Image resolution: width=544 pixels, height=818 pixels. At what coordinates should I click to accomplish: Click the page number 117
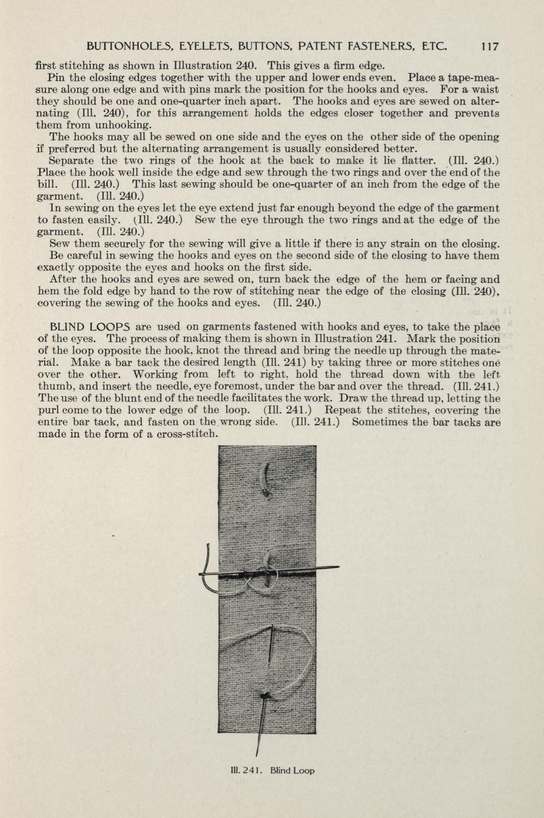tap(490, 46)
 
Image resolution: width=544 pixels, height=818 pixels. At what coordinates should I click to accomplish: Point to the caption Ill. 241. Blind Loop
tap(272, 771)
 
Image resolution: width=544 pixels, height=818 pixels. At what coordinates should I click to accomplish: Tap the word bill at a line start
tap(47, 184)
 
